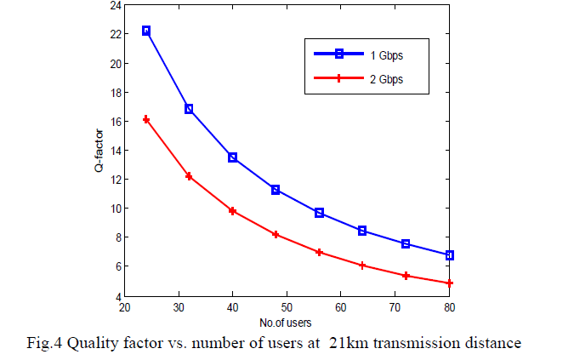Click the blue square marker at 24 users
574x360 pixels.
coord(146,31)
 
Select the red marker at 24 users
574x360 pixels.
coord(146,119)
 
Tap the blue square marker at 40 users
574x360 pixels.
coord(232,157)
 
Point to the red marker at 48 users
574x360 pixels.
coord(276,234)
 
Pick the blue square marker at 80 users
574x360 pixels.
coord(449,255)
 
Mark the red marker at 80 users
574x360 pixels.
coord(449,283)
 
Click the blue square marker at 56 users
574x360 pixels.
coord(319,213)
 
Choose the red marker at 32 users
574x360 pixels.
coord(189,176)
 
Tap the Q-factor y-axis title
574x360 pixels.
coord(99,151)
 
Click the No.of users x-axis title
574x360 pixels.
coord(285,323)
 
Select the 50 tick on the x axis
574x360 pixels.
coord(286,306)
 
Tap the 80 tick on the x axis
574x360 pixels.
coord(449,306)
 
